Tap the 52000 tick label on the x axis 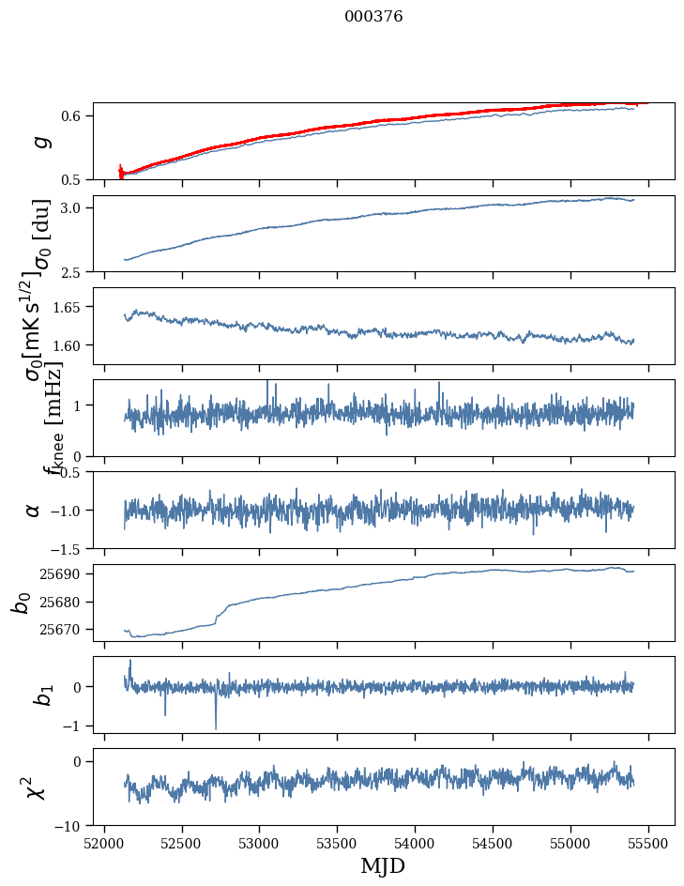[x=104, y=843]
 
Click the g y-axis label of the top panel [x=39, y=142]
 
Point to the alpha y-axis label [x=34, y=510]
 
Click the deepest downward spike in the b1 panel [x=216, y=727]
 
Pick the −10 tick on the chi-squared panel [x=71, y=826]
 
